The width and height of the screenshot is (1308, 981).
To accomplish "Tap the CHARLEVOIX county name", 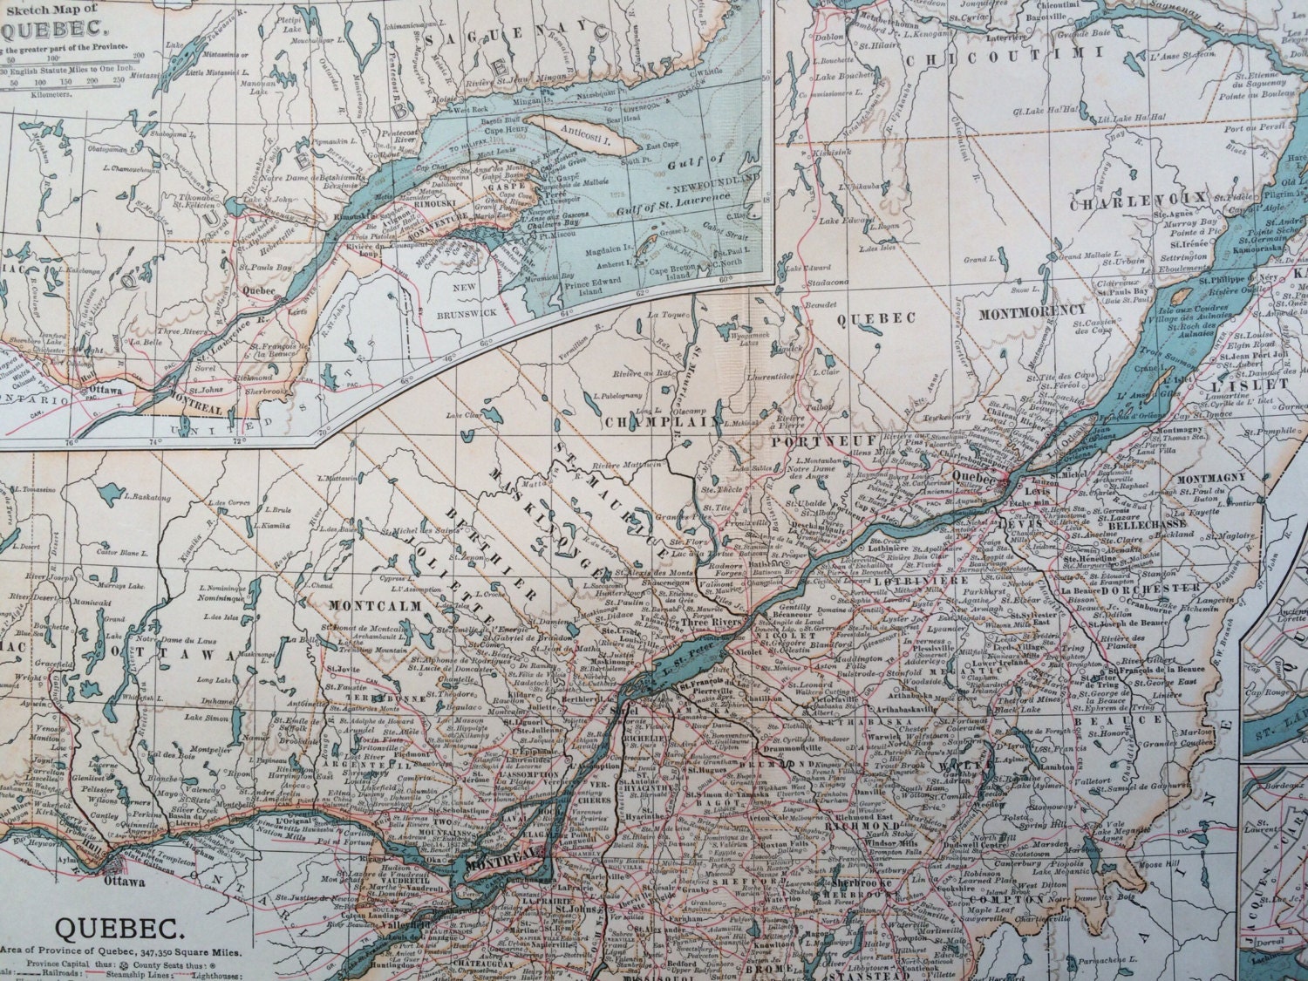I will [x=1139, y=199].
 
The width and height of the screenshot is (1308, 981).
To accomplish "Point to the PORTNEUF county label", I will [x=804, y=443].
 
